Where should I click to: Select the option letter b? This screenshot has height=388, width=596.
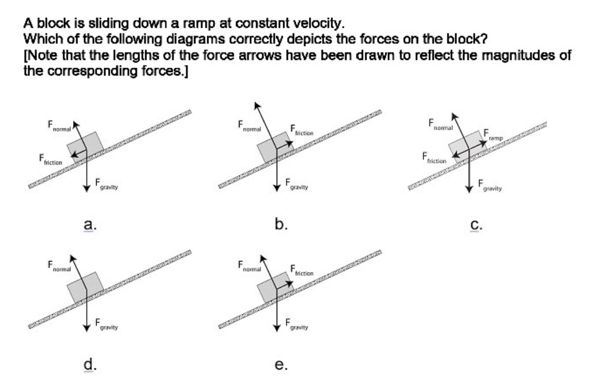(x=281, y=223)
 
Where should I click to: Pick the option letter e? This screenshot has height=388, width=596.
(x=280, y=365)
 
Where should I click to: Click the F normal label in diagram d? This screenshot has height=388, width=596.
(x=58, y=267)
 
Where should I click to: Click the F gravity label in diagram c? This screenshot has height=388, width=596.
(x=489, y=185)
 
